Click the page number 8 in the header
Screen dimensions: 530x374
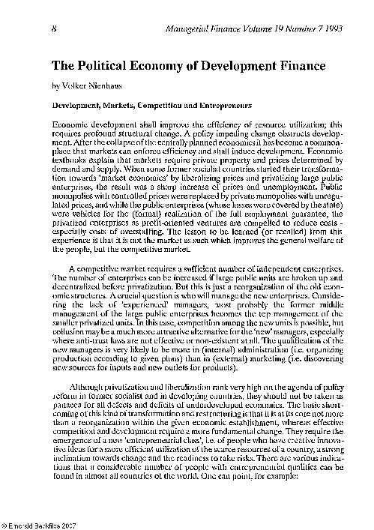55,28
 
